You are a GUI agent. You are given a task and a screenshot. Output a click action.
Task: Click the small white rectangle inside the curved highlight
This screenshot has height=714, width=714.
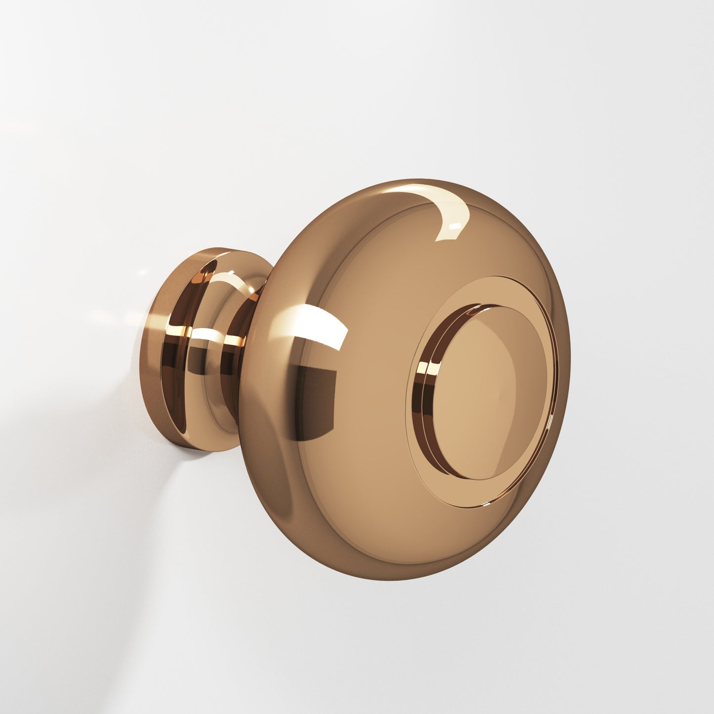pos(456,227)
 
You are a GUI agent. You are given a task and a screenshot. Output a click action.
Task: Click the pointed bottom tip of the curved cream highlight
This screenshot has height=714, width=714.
pos(437,240)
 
